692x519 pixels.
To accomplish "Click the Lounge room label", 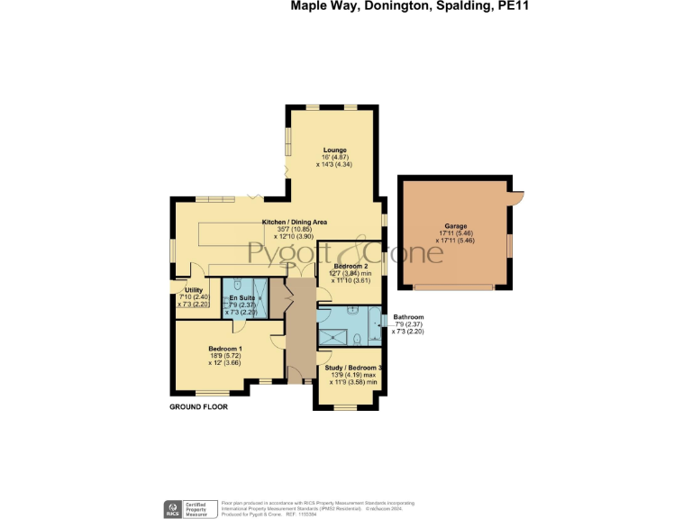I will coord(335,150).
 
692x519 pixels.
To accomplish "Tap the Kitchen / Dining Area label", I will coord(294,222).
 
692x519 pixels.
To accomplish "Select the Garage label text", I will coord(455,226).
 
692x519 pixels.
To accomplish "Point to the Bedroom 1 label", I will coord(224,349).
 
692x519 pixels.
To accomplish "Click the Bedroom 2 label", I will coord(350,267).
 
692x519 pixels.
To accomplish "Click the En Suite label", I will coord(240,297).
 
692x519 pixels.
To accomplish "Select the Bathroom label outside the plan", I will coord(407,317).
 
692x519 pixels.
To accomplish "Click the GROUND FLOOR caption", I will coord(198,407).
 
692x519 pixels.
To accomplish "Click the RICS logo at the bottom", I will coord(171,508).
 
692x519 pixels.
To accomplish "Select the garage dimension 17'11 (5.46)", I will coord(455,233).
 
